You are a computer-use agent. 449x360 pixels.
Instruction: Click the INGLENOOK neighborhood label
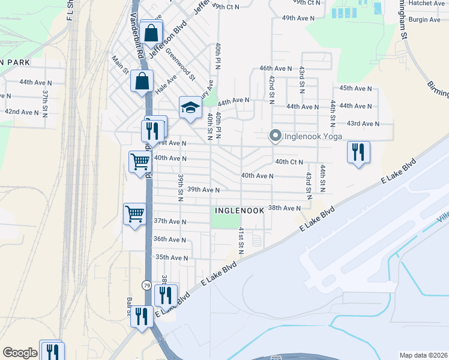tap(237, 211)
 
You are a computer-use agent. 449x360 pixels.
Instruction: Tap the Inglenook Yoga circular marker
tap(276, 136)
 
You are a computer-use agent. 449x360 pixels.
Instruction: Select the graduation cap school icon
tap(190, 107)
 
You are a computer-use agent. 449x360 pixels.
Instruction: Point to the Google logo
tap(20, 353)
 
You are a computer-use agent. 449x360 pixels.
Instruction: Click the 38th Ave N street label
tap(284, 208)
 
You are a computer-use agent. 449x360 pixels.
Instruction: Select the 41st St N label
tap(240, 241)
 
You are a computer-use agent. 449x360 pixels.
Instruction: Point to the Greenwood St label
tap(181, 64)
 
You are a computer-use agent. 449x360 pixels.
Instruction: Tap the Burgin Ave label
tap(424, 20)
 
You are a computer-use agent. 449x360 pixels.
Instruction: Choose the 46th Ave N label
tap(276, 69)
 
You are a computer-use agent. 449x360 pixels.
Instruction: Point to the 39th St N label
tap(180, 188)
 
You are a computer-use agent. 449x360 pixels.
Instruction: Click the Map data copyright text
tap(423, 355)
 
